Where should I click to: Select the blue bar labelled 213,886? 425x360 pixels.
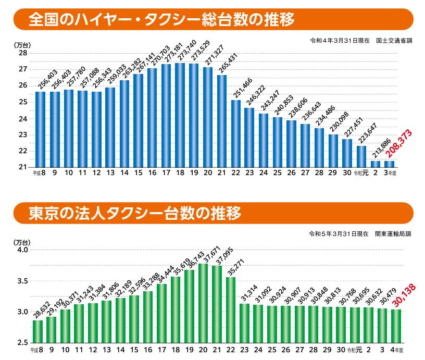(x=375, y=164)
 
